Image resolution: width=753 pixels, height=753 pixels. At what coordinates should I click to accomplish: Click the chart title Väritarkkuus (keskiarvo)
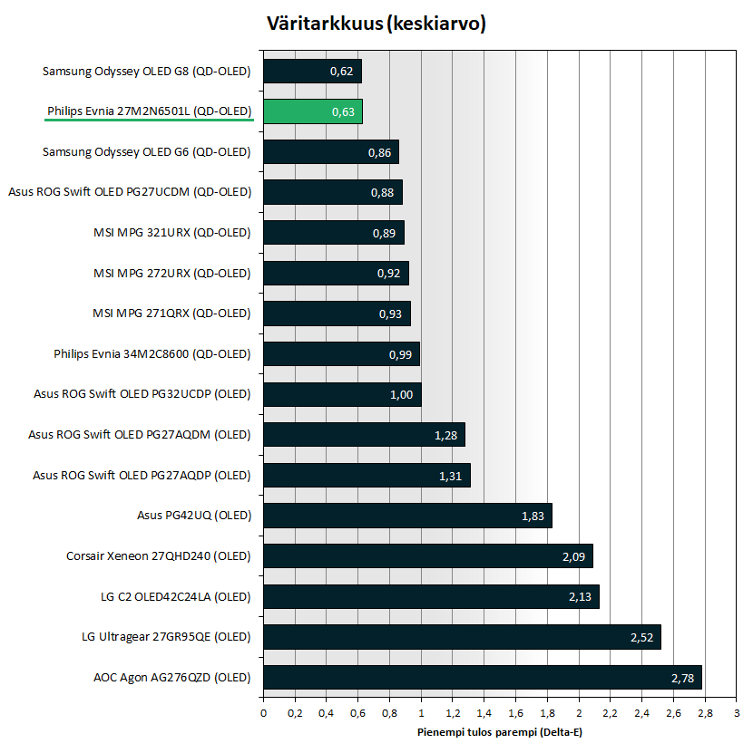tap(376, 24)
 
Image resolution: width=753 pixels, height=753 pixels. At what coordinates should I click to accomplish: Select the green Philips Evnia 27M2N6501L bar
tap(313, 111)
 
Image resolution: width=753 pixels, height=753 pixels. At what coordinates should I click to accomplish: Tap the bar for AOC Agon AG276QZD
tap(482, 677)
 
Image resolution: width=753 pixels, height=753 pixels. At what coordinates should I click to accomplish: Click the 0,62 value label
tap(340, 72)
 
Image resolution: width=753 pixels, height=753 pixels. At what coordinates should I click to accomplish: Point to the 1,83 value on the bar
tap(533, 516)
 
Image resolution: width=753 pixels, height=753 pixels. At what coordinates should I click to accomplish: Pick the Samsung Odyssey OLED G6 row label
tap(146, 151)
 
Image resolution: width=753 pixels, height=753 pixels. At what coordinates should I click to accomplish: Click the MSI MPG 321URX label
tap(171, 232)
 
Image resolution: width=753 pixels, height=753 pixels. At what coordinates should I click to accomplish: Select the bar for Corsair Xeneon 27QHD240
tap(427, 556)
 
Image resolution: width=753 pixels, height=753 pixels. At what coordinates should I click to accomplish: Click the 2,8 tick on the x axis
tap(705, 714)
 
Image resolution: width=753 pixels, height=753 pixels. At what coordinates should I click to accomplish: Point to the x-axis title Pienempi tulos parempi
tap(500, 732)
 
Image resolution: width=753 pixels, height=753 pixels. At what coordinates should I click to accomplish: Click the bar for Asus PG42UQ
tap(407, 516)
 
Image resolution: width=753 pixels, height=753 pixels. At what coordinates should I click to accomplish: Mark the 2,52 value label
tap(641, 637)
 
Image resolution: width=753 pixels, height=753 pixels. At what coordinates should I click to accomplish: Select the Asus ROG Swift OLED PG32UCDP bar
tap(342, 394)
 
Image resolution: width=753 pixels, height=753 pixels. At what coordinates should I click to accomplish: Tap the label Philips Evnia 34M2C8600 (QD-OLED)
tap(152, 353)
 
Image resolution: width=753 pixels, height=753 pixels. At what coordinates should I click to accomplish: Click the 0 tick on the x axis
tap(263, 714)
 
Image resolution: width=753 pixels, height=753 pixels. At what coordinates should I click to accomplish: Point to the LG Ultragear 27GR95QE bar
tap(462, 637)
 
